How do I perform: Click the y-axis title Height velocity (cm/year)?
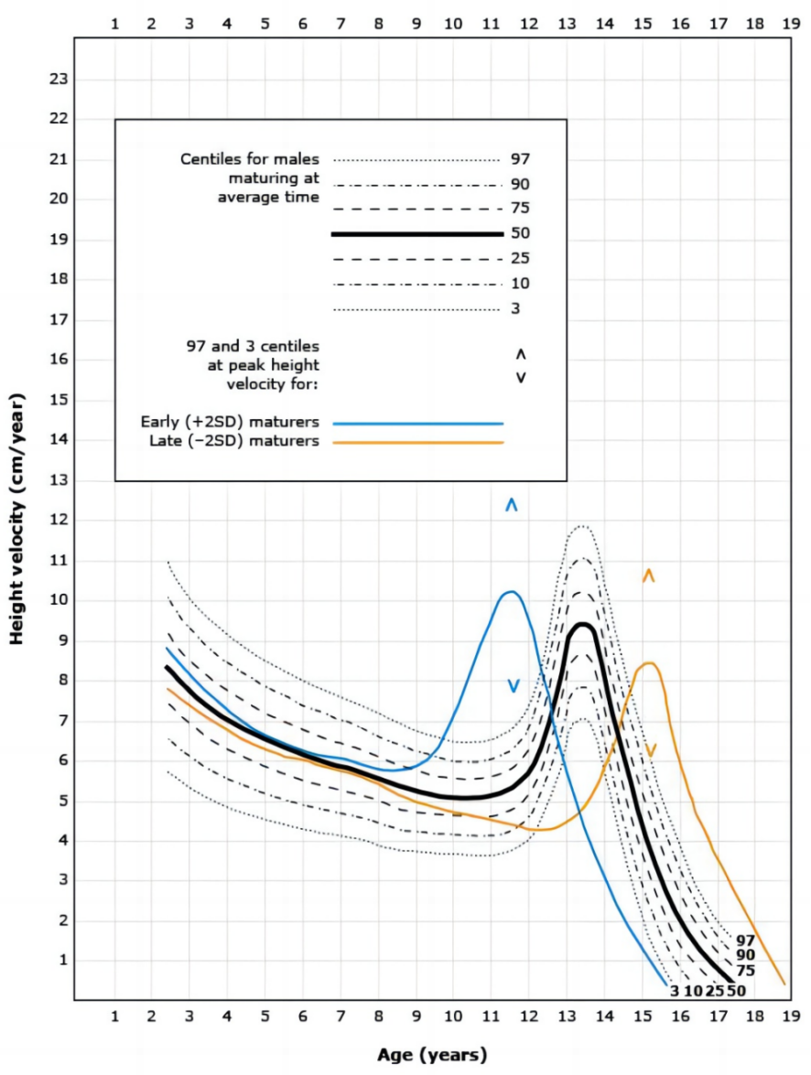[x=17, y=519]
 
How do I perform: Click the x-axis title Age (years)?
[x=432, y=1055]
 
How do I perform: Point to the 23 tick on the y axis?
[x=58, y=80]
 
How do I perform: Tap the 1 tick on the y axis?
[x=63, y=961]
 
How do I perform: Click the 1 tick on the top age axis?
[x=115, y=25]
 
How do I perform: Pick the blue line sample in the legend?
[x=418, y=424]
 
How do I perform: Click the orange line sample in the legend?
[x=418, y=442]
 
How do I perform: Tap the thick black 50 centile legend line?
[x=418, y=234]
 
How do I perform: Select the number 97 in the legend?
[x=520, y=159]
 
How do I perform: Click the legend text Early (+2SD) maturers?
[x=230, y=423]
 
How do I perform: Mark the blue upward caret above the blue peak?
[x=512, y=504]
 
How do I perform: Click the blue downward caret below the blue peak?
[x=513, y=686]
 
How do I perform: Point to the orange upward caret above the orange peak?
[x=648, y=575]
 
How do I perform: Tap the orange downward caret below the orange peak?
[x=650, y=750]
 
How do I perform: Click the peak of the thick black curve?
[x=582, y=624]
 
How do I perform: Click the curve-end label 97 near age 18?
[x=745, y=940]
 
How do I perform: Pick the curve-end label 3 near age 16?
[x=675, y=990]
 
